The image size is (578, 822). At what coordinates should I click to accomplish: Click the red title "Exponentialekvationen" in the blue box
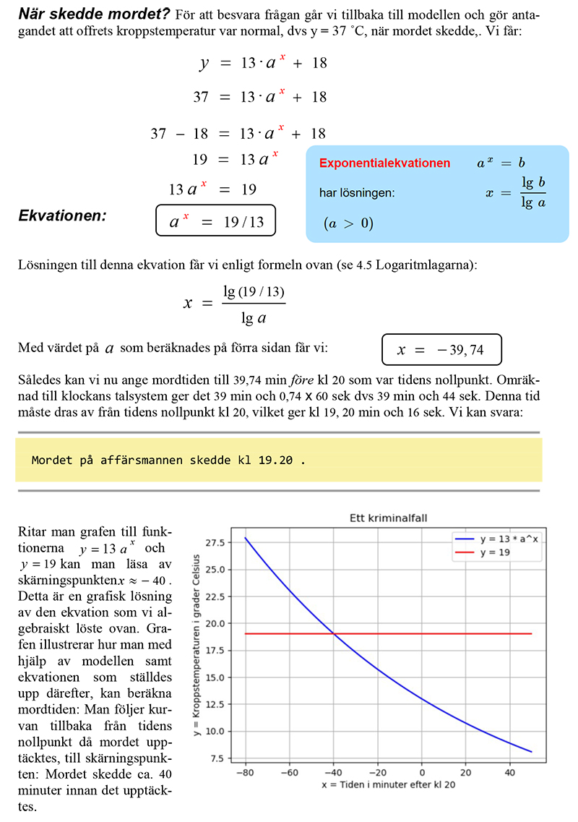tap(384, 163)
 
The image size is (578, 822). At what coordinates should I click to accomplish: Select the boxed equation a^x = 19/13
tap(216, 222)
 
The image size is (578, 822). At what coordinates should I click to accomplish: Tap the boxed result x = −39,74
tap(441, 351)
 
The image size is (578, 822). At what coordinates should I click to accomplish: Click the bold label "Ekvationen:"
tap(62, 215)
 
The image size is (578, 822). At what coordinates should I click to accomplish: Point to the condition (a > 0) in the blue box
tap(348, 223)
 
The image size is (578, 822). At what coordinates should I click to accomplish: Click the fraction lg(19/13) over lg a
tap(254, 304)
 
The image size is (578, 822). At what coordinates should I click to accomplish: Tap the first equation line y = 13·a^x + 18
tap(264, 63)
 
